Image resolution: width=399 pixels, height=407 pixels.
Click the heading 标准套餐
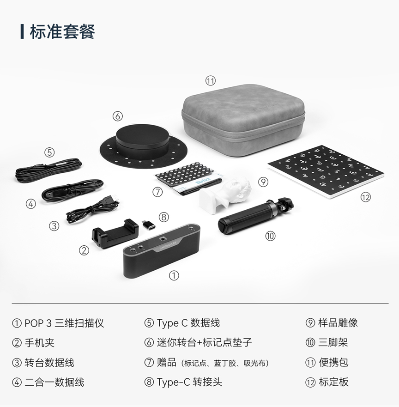point(62,32)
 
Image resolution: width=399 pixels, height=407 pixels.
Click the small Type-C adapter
point(149,224)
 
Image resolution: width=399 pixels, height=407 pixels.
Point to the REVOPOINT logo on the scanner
point(167,245)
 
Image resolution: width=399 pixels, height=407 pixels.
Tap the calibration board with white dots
point(326,171)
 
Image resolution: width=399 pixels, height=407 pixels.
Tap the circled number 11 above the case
point(211,81)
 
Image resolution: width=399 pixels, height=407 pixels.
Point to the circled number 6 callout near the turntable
point(117,116)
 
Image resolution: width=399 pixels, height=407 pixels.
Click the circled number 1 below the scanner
point(174,275)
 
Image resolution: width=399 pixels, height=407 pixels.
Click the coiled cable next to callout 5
point(48,170)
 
